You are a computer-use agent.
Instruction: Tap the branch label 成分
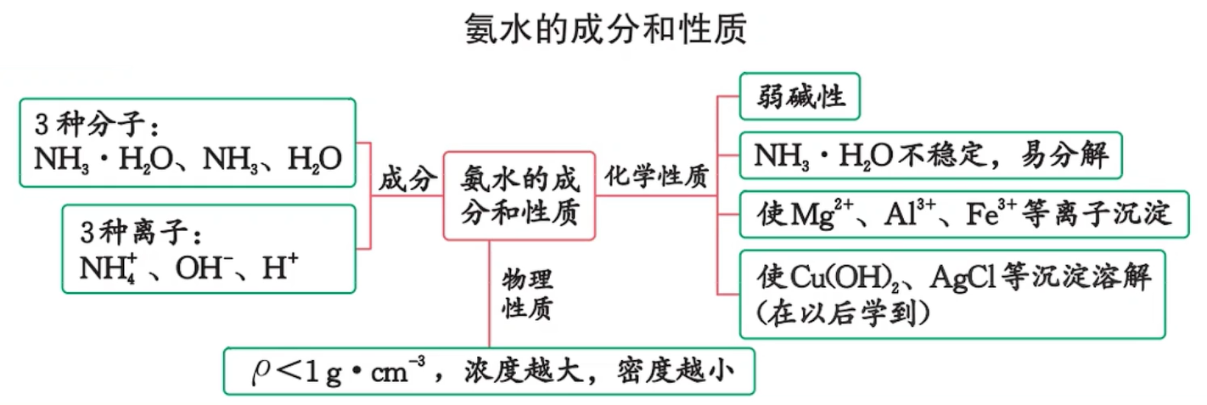(x=408, y=179)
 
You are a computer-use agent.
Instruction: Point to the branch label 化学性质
(x=656, y=178)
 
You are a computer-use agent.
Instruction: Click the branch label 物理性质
(x=527, y=294)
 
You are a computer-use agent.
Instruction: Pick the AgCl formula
(x=962, y=278)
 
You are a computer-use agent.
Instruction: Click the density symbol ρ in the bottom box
(x=258, y=370)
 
